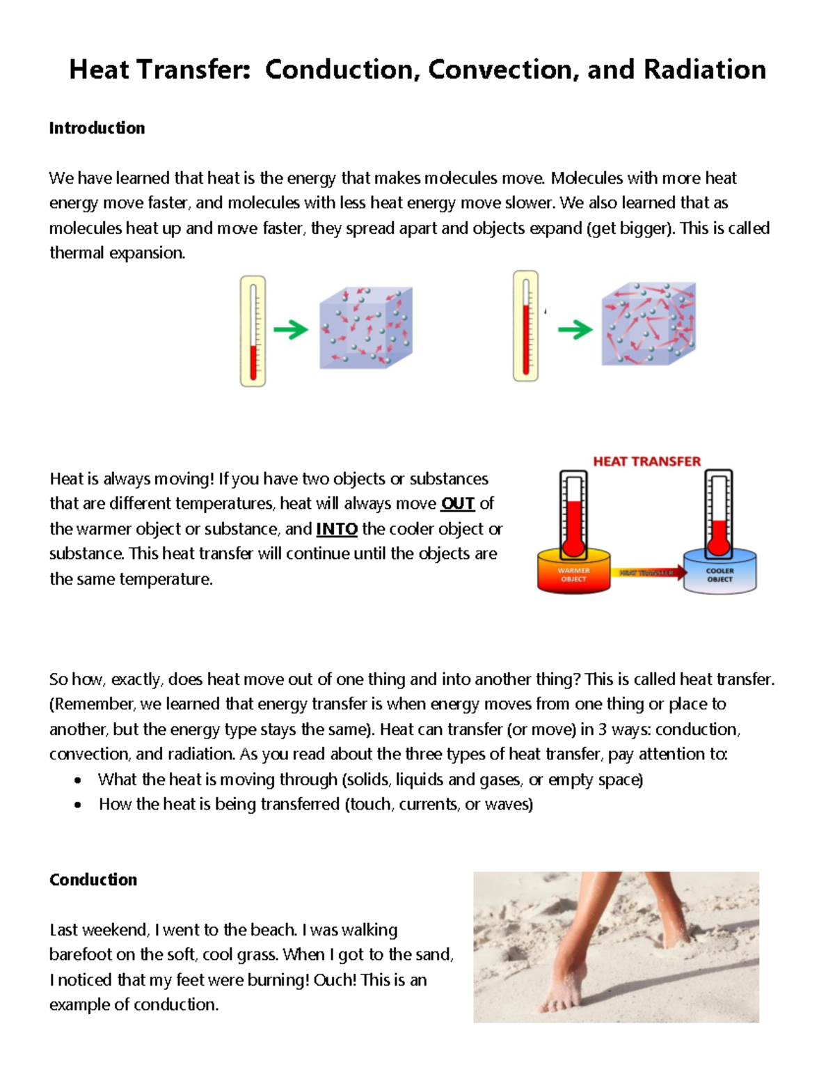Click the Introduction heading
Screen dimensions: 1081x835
[x=97, y=128]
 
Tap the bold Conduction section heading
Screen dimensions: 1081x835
[x=93, y=880]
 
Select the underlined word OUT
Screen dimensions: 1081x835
[x=458, y=503]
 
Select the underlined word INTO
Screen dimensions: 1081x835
[x=337, y=529]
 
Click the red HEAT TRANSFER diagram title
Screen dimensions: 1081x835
[x=646, y=461]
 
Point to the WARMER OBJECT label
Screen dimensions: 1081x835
[x=573, y=574]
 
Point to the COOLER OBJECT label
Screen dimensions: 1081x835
[x=719, y=574]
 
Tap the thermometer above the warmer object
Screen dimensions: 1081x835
[x=573, y=514]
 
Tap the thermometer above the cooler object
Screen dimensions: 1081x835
[x=719, y=514]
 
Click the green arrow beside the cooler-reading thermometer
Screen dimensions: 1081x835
[x=291, y=329]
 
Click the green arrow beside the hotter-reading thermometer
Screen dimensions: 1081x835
[x=575, y=329]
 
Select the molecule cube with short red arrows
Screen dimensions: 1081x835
[x=366, y=327]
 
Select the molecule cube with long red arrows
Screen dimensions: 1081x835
[x=649, y=324]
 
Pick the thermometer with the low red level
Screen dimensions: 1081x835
[x=253, y=331]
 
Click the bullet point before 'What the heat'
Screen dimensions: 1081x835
[x=78, y=780]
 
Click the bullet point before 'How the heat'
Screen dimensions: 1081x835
[x=78, y=805]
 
